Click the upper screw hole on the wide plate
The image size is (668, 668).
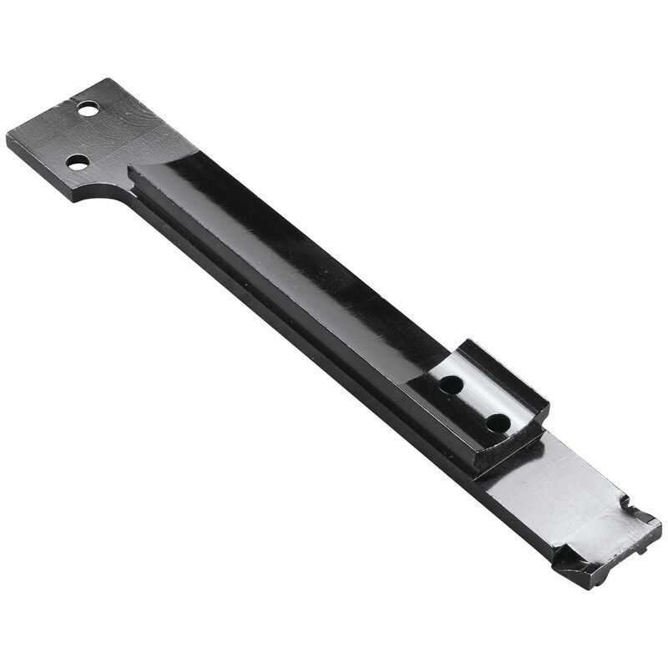click(87, 109)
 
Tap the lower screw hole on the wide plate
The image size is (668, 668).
click(77, 163)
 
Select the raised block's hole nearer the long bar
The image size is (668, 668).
click(451, 385)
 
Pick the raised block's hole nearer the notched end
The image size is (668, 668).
click(497, 422)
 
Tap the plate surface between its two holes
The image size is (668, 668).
click(82, 136)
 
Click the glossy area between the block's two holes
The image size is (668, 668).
click(473, 403)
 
